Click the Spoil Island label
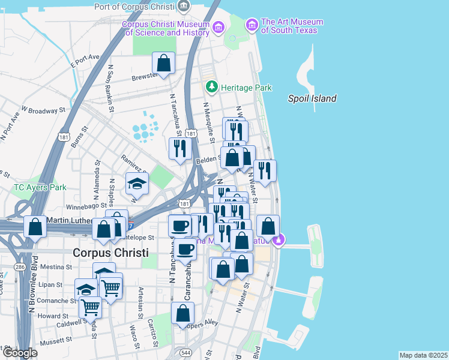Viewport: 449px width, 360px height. pyautogui.click(x=312, y=99)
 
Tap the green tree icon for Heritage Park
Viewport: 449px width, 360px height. pyautogui.click(x=211, y=88)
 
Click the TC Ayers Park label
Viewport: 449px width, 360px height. pyautogui.click(x=40, y=187)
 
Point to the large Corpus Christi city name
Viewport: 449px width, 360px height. pyautogui.click(x=110, y=253)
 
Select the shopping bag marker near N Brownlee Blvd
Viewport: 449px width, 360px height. pyautogui.click(x=35, y=227)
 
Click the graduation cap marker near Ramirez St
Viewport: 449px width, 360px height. pyautogui.click(x=136, y=184)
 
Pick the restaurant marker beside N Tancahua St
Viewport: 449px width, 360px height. pyautogui.click(x=179, y=148)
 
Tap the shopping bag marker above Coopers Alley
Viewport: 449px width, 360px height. pyautogui.click(x=182, y=313)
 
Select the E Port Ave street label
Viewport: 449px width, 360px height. pyautogui.click(x=84, y=60)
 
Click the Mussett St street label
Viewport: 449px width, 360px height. pyautogui.click(x=56, y=340)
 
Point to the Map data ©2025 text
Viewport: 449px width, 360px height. pyautogui.click(x=423, y=355)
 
